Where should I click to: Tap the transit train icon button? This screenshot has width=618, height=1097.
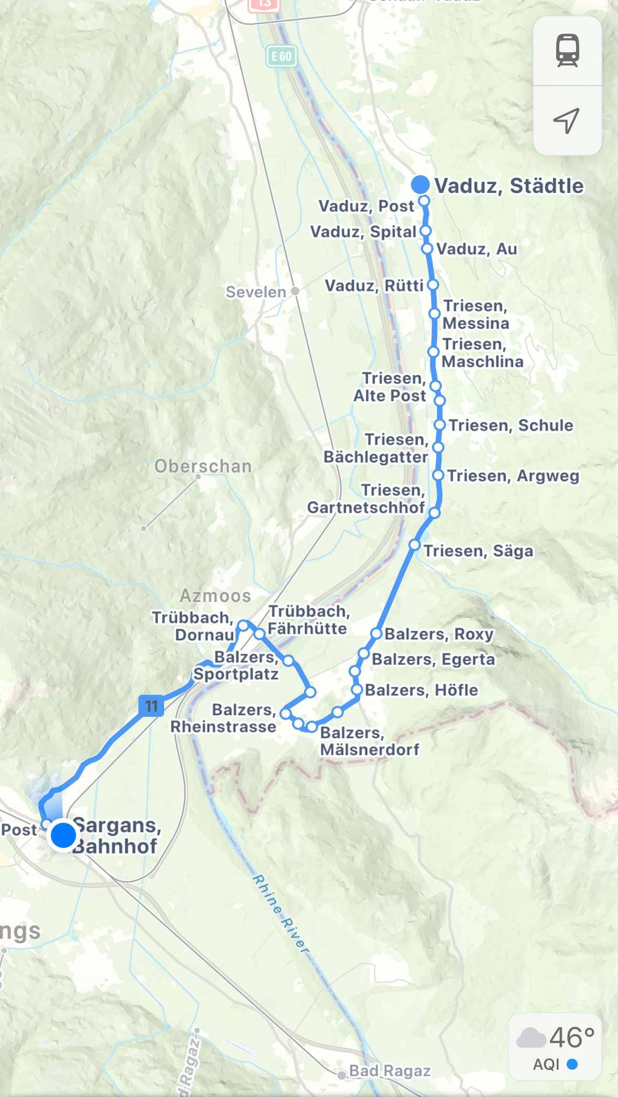click(x=567, y=51)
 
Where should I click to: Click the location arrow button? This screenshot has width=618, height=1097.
click(x=567, y=121)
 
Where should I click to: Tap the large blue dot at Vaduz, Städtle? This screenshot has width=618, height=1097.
click(x=420, y=185)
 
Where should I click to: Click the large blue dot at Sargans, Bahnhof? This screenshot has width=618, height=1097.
click(x=63, y=835)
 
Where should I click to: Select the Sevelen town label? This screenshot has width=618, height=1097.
click(x=256, y=292)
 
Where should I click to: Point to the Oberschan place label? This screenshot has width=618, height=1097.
click(x=203, y=466)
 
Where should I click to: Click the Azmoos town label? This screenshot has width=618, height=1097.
click(x=215, y=596)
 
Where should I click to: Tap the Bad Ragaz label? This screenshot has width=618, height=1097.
click(x=389, y=1071)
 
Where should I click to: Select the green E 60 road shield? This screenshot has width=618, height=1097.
click(x=281, y=56)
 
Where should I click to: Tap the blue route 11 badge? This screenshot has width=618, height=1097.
click(x=151, y=706)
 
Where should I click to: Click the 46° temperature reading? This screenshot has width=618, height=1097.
click(x=572, y=1037)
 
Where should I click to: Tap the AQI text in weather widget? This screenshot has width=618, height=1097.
click(x=546, y=1064)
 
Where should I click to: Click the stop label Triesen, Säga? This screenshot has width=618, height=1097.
click(x=478, y=551)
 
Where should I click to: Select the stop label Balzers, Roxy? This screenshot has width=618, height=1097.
click(x=439, y=634)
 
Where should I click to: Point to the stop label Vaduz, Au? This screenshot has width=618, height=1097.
click(x=476, y=249)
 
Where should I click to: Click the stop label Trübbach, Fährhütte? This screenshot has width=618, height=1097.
click(x=308, y=620)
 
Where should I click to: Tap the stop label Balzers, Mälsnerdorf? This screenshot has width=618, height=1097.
click(x=370, y=741)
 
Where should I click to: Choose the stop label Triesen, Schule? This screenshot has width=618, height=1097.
click(x=511, y=425)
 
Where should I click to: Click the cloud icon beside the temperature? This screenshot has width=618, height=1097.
click(x=531, y=1038)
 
